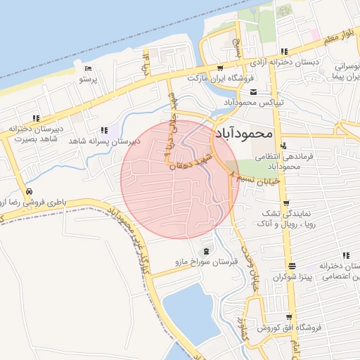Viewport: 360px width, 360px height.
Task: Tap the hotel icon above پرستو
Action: pyautogui.click(x=87, y=68)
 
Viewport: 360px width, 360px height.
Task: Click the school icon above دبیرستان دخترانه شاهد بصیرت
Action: pyautogui.click(x=36, y=118)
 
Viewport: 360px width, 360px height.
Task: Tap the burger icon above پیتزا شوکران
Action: pyautogui.click(x=292, y=265)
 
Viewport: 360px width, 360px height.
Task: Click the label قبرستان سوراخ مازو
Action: pyautogui.click(x=207, y=262)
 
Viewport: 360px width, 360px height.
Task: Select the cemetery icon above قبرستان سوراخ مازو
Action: pyautogui.click(x=205, y=251)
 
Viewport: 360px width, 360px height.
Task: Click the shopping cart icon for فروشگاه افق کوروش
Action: pyautogui.click(x=290, y=317)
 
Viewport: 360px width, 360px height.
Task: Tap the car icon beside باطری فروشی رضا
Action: pyautogui.click(x=29, y=191)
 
